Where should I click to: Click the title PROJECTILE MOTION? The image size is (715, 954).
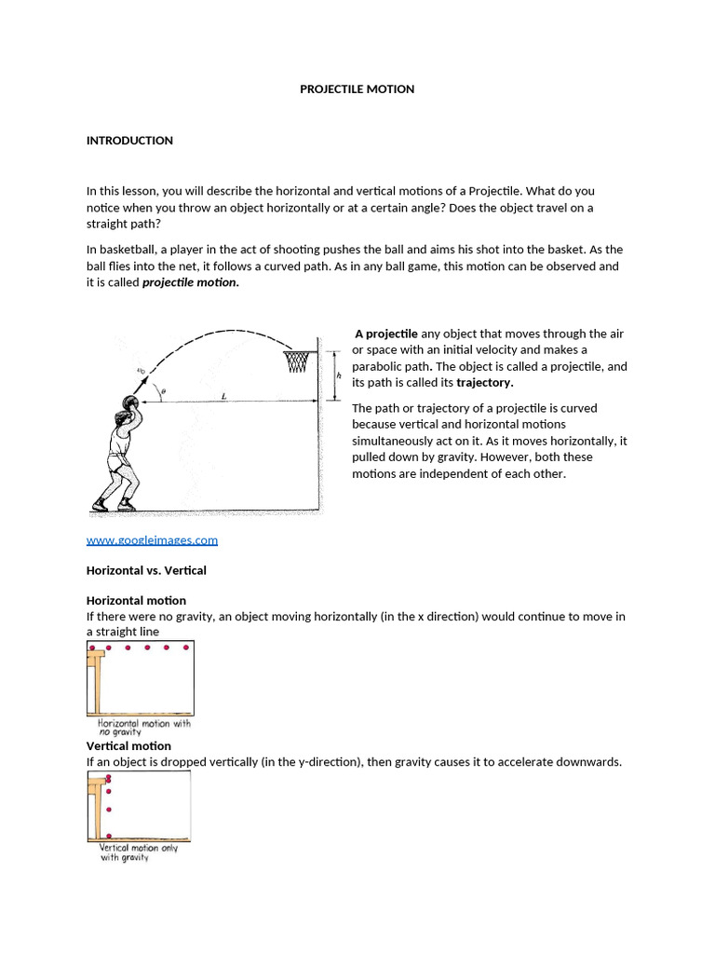[x=357, y=89]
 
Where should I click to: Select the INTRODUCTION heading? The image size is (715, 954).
[x=129, y=141]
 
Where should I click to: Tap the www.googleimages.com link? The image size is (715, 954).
[x=152, y=539]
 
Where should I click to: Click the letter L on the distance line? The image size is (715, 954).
[x=223, y=396]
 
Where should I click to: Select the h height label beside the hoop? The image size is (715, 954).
[x=339, y=375]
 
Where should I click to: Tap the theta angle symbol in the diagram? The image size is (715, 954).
[x=162, y=393]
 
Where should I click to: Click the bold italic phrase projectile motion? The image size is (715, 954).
[x=190, y=283]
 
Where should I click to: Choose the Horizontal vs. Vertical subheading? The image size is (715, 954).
[x=146, y=570]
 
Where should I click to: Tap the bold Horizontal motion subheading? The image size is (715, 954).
[x=136, y=601]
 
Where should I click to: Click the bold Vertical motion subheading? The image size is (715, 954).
[x=128, y=746]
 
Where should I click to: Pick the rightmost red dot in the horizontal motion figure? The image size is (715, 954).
[x=184, y=647]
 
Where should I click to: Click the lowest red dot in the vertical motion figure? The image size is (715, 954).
[x=109, y=836]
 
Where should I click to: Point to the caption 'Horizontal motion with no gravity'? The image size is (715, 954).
[x=144, y=727]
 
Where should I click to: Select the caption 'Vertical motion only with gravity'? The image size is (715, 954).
[x=139, y=852]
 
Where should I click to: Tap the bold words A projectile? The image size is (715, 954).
[x=385, y=334]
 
